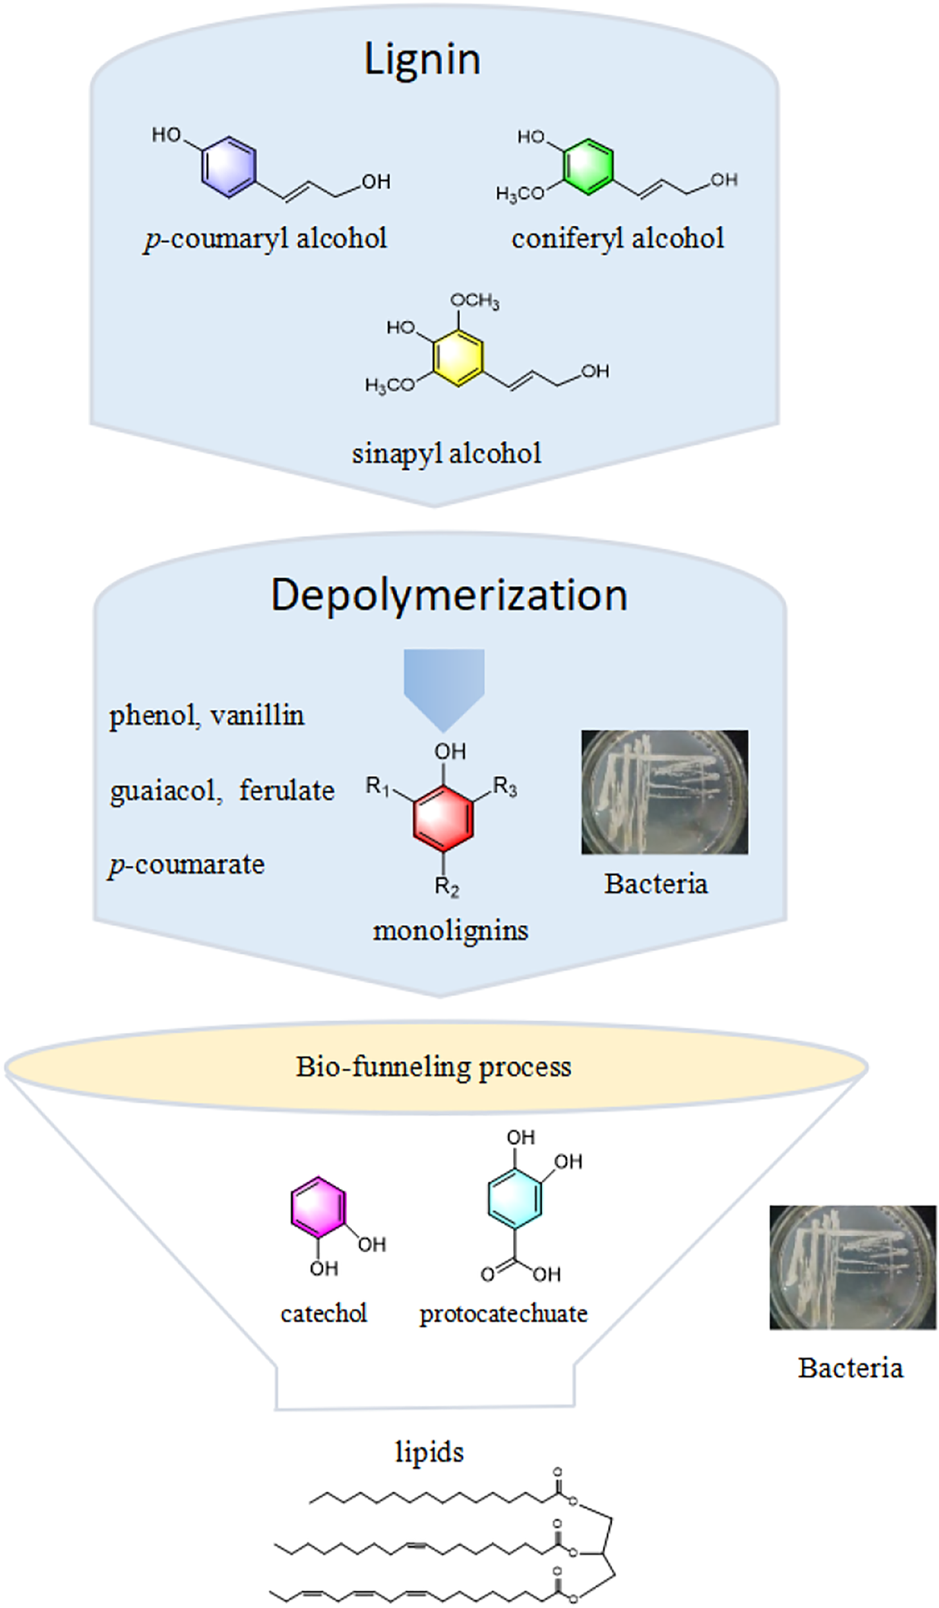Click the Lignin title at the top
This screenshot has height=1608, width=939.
[422, 59]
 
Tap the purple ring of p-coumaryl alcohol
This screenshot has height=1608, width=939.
[229, 167]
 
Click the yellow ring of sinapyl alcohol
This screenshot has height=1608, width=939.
[458, 357]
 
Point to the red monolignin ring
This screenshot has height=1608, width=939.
[443, 819]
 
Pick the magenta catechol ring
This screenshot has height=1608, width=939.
[317, 1206]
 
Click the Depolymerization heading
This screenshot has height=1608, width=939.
[449, 595]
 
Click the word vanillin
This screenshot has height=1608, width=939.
[257, 715]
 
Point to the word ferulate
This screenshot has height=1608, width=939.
[287, 790]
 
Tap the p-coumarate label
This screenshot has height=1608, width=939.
[187, 865]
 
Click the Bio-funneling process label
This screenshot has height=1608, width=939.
[434, 1067]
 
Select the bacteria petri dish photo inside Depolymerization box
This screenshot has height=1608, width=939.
[664, 792]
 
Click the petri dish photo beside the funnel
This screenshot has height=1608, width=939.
[853, 1267]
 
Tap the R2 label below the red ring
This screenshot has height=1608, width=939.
[447, 886]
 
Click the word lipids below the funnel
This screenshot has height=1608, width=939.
[429, 1451]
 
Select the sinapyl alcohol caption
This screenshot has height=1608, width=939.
[447, 454]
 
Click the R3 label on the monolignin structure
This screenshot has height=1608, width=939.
[505, 786]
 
